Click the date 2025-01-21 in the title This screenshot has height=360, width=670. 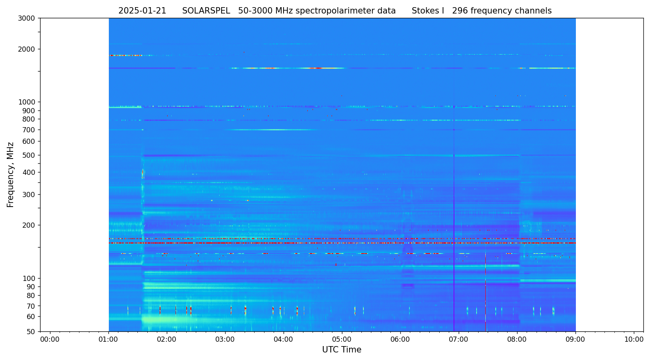click(x=142, y=11)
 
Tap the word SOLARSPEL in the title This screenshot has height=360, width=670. click(x=206, y=11)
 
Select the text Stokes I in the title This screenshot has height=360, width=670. click(x=428, y=11)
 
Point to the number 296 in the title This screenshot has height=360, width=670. click(x=460, y=11)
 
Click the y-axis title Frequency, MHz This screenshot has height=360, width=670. click(x=11, y=174)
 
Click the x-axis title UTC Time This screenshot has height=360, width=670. click(x=342, y=350)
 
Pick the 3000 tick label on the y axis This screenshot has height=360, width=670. click(x=27, y=18)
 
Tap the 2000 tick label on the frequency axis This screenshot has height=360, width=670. click(x=27, y=49)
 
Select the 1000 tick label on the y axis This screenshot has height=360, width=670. click(x=27, y=102)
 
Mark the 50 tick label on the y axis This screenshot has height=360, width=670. click(x=31, y=332)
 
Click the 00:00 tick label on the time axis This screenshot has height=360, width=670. click(x=50, y=340)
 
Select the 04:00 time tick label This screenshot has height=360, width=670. click(x=284, y=340)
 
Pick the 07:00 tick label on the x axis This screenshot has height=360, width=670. click(x=459, y=340)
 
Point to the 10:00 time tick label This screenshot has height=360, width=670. click(x=634, y=340)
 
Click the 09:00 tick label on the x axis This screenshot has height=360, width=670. click(x=575, y=340)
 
